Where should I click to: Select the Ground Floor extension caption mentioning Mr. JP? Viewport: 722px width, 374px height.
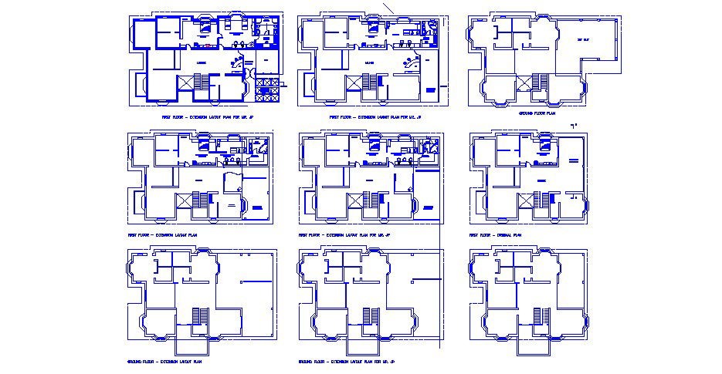pyautogui.click(x=346, y=361)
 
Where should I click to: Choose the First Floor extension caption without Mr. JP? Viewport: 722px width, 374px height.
pyautogui.click(x=162, y=234)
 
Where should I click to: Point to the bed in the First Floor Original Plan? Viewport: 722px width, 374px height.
pyautogui.click(x=545, y=143)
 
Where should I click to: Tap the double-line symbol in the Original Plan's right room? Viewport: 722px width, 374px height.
pyautogui.click(x=573, y=160)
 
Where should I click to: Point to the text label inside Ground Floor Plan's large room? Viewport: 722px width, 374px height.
pyautogui.click(x=583, y=39)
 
